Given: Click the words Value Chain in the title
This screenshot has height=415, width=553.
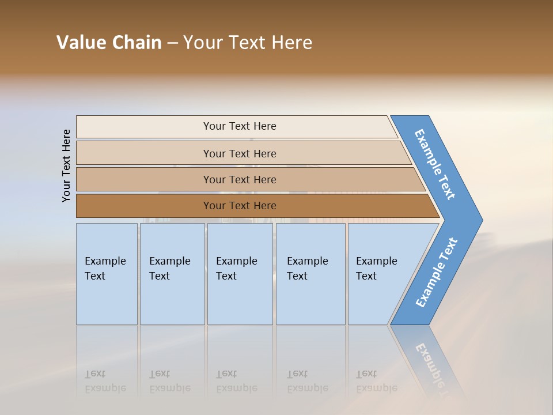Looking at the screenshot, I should coord(109,43).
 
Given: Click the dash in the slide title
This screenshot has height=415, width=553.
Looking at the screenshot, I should coord(172,43).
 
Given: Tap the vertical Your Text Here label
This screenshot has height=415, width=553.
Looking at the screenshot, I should coord(67,165).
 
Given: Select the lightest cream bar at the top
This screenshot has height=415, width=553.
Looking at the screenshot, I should coord(144,127).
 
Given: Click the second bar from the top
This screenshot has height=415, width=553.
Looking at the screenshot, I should coord(144,153).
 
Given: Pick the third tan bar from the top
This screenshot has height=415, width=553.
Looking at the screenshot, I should coord(144,179).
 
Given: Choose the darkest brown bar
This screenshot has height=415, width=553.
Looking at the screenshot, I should coord(144,206).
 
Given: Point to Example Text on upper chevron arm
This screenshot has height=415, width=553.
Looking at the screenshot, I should coord(435,164).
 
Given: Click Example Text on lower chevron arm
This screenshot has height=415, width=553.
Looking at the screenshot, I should coord(436,273).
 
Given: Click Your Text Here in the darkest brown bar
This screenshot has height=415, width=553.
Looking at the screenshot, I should coord(240,206).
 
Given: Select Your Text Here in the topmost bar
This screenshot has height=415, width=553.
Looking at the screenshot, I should coord(240,126).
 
